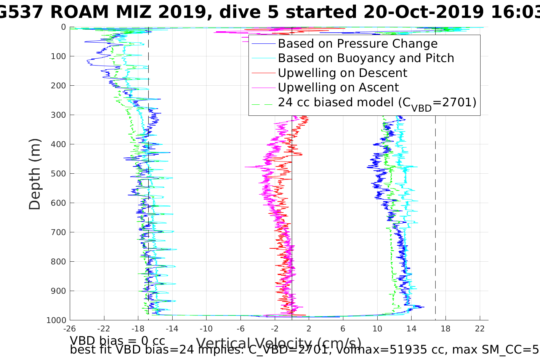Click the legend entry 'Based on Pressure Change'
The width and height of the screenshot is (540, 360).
tap(357, 44)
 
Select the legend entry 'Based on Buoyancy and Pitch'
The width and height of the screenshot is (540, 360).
tap(366, 58)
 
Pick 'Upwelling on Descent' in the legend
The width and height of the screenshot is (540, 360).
tap(342, 73)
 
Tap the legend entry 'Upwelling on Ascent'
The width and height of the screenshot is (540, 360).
tap(338, 88)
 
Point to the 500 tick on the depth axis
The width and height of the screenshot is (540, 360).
tap(58, 174)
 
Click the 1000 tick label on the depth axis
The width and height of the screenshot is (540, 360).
tap(56, 320)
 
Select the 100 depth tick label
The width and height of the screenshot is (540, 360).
tap(58, 56)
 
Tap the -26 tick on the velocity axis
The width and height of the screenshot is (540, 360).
tap(69, 328)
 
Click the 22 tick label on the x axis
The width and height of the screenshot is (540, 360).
tap(479, 328)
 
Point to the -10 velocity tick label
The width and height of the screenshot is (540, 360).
tap(206, 328)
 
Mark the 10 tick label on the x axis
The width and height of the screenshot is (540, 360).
tap(377, 328)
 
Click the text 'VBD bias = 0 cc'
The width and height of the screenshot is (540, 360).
tap(117, 340)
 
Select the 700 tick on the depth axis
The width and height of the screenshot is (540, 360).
tap(58, 232)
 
